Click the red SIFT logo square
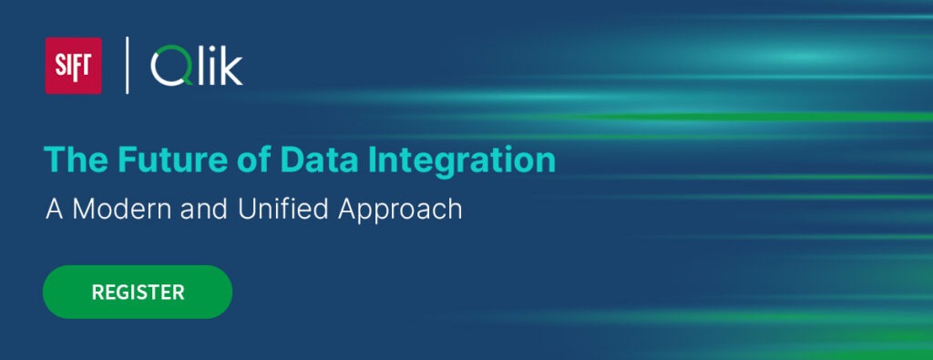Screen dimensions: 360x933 (73, 66)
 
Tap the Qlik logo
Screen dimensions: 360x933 (197, 67)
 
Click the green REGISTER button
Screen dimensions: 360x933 (138, 292)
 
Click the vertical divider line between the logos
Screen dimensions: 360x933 (127, 66)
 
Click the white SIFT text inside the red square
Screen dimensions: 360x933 (73, 67)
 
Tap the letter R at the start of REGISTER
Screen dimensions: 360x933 (97, 293)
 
